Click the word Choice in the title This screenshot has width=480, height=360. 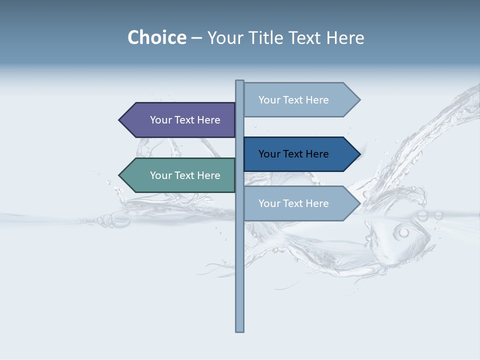[x=156, y=38]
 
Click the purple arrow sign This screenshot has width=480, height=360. [x=180, y=120]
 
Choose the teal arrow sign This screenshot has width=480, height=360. [x=180, y=175]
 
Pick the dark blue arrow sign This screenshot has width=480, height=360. [x=300, y=154]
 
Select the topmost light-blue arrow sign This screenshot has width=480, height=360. [x=300, y=100]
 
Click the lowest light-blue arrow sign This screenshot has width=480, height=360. [x=300, y=203]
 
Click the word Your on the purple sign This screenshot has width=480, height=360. [x=161, y=120]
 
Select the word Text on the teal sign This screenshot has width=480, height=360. [x=185, y=175]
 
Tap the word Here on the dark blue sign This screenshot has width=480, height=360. [x=317, y=154]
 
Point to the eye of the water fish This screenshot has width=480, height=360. [x=403, y=232]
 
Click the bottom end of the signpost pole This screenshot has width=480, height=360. [x=239, y=330]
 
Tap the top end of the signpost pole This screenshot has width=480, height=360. [x=239, y=81]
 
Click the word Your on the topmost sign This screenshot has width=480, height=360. [x=269, y=100]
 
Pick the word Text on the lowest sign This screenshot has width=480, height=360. [x=293, y=203]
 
